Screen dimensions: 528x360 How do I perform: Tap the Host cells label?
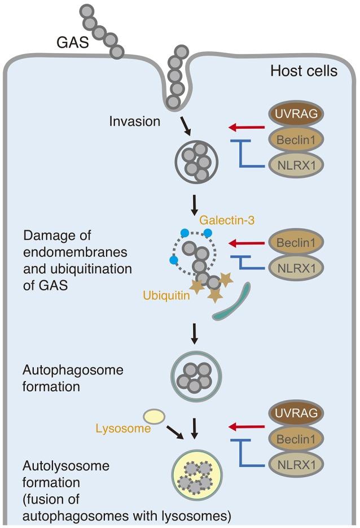303,72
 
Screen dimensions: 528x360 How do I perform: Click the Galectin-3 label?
225,217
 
